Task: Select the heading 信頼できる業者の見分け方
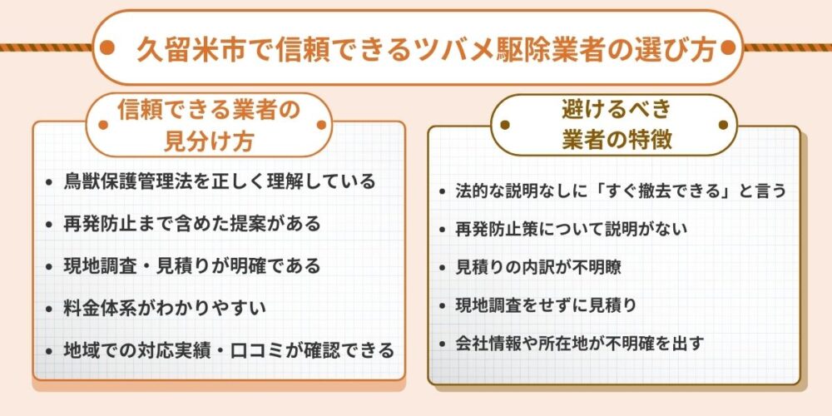pyautogui.click(x=208, y=125)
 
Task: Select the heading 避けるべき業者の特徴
pyautogui.click(x=617, y=125)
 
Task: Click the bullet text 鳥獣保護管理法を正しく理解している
pyautogui.click(x=219, y=181)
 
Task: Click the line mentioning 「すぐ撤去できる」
pyautogui.click(x=621, y=191)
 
